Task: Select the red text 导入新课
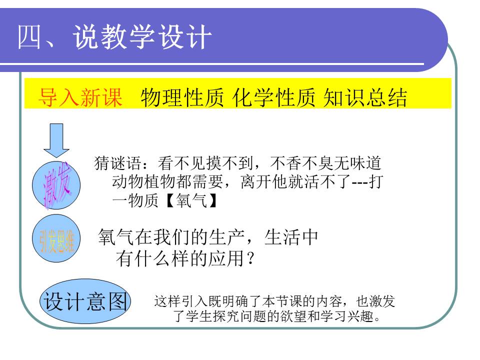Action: tap(80, 98)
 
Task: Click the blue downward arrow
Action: tap(56, 140)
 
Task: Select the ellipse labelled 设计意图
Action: tap(84, 301)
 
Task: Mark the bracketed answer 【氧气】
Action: tap(190, 200)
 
